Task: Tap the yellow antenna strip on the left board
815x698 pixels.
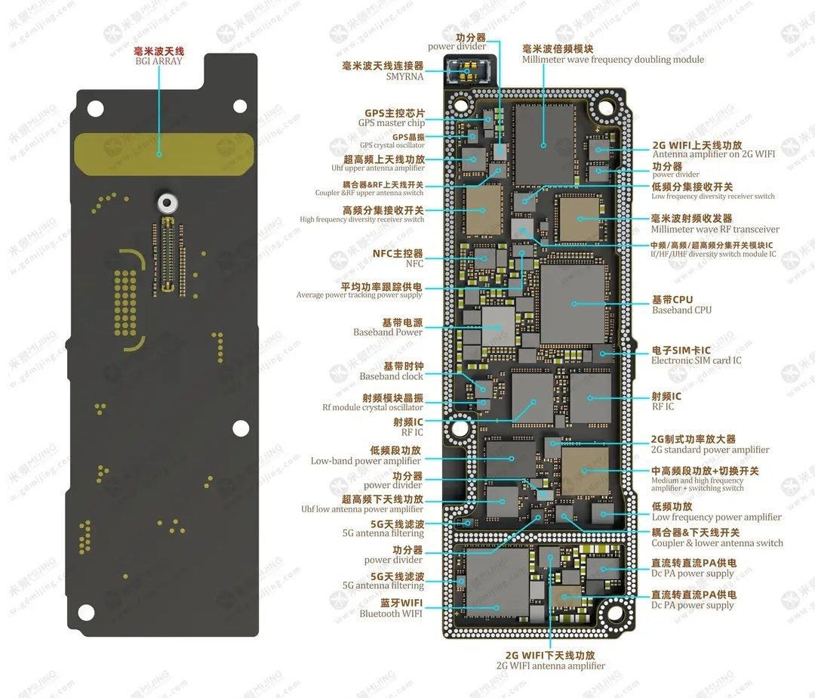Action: [165, 145]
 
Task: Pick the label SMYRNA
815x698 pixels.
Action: [404, 76]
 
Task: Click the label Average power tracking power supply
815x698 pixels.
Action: [359, 295]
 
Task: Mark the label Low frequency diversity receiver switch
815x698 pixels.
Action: [713, 196]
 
